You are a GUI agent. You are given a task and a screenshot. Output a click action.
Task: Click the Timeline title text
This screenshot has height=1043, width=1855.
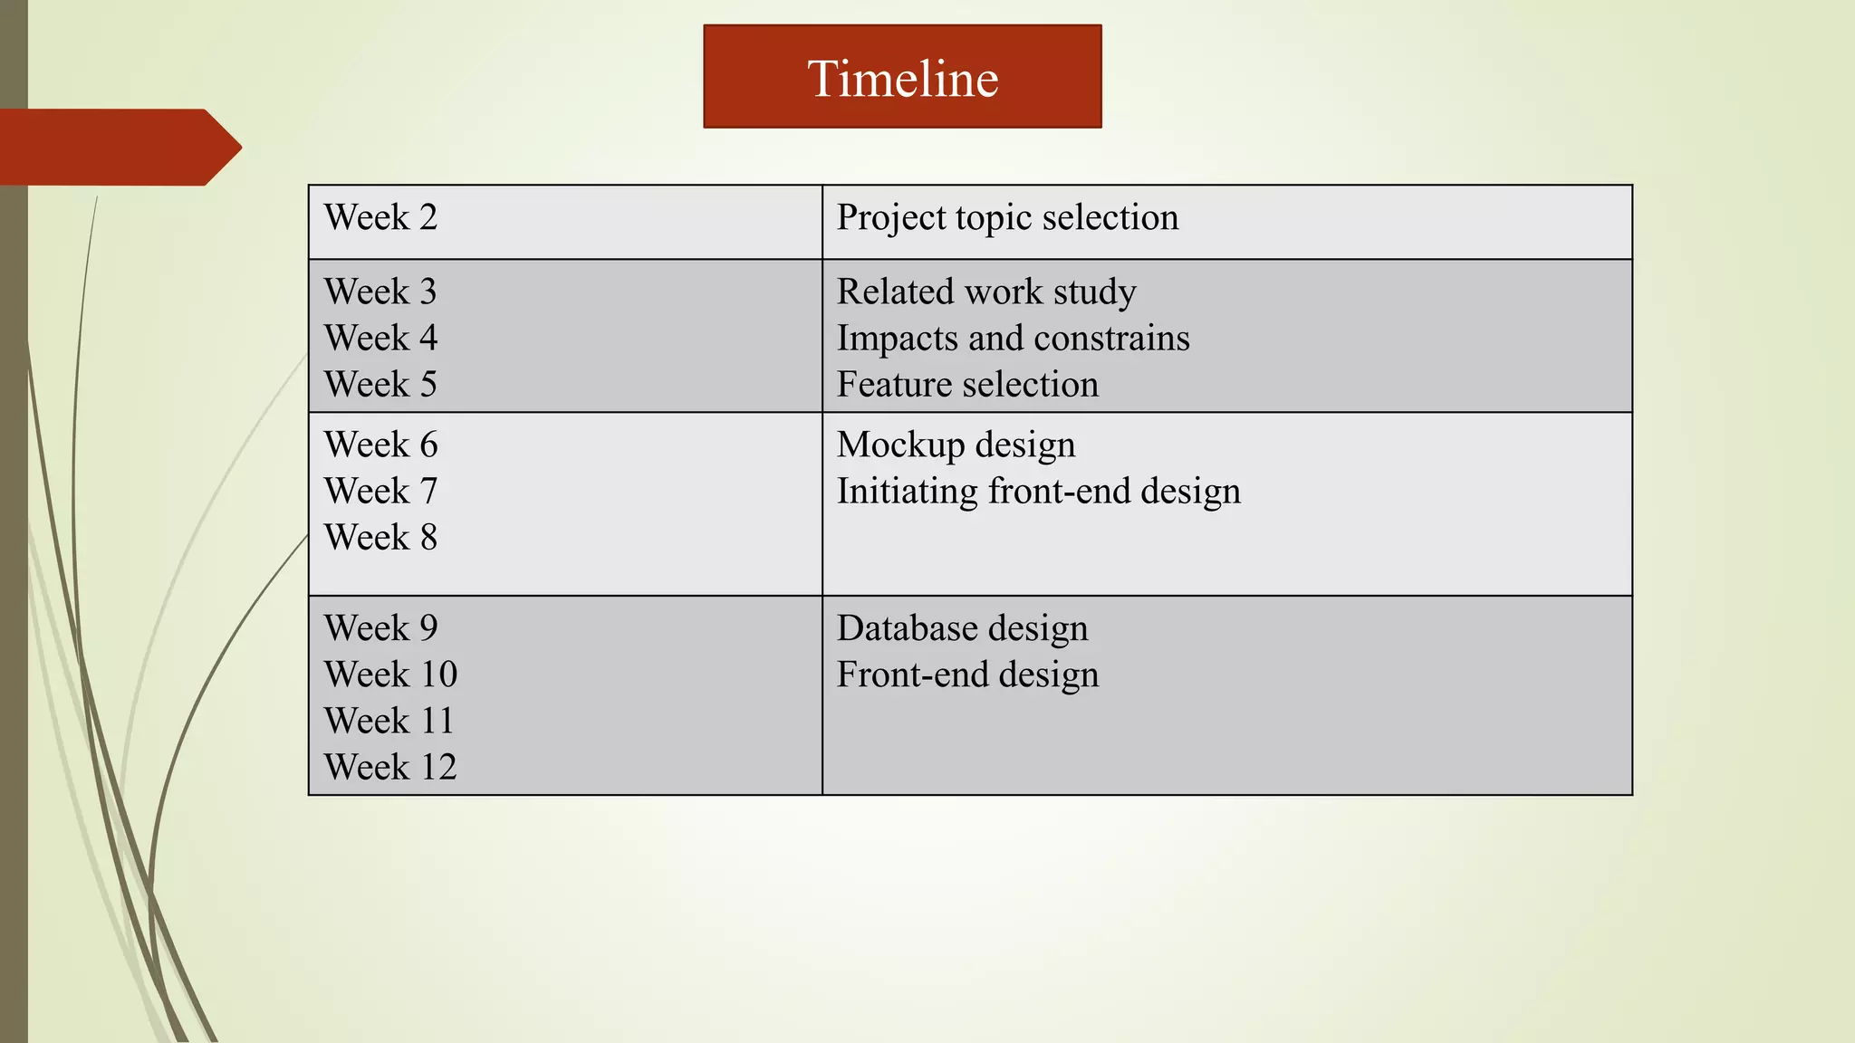902,79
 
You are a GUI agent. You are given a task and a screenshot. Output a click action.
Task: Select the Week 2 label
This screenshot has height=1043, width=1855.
380,217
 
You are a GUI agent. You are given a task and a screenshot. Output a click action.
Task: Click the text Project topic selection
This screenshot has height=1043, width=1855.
1007,217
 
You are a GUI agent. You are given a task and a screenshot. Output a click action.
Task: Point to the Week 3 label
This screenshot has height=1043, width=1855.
380,292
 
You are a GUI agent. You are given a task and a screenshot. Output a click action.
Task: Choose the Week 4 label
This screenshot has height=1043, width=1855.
380,338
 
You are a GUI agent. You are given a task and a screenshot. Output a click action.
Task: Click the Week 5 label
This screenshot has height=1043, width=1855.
380,384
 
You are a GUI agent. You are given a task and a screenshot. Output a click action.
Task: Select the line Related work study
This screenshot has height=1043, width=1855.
986,292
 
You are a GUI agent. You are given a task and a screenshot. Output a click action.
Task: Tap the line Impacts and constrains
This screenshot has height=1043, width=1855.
1013,338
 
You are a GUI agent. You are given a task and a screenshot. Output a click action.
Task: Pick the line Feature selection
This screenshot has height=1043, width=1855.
967,384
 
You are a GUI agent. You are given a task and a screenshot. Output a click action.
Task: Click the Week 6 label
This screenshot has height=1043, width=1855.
380,445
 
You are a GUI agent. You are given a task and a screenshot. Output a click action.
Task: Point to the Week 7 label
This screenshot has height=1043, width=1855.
380,491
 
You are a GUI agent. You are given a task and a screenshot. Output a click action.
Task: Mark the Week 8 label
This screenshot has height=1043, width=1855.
380,537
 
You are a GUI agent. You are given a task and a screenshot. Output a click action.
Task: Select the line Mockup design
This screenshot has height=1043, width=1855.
956,445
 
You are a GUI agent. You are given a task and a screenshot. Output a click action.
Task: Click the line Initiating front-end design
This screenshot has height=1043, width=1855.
1038,491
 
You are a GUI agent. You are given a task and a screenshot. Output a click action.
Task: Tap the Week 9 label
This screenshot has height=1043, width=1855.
380,627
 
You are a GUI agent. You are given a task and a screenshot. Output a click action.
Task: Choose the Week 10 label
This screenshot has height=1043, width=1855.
390,674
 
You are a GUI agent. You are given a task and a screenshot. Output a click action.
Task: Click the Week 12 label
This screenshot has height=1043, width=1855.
390,767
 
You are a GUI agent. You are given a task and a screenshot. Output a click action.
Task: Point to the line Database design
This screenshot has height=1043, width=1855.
962,627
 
